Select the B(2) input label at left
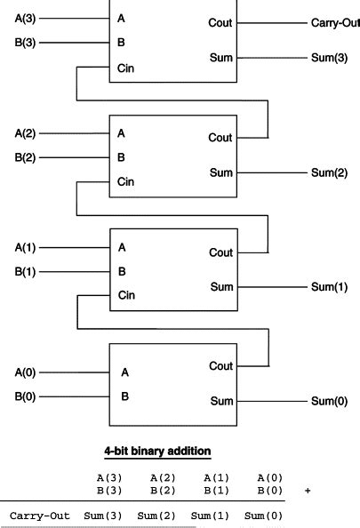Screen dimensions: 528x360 click(25, 157)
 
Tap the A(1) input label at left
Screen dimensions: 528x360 click(25, 247)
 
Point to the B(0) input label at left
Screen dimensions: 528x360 click(25, 396)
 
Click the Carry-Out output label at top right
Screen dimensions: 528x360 click(335, 22)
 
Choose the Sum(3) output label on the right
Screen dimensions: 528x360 click(328, 59)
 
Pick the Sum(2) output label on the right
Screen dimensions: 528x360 click(328, 172)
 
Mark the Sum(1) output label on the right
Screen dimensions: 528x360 click(328, 287)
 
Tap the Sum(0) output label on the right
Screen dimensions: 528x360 click(328, 401)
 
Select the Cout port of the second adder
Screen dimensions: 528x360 click(220, 138)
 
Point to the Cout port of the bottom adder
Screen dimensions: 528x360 click(220, 366)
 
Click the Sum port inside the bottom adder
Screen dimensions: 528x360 click(220, 401)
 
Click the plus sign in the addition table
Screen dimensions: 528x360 click(308, 489)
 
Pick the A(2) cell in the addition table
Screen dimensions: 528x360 click(163, 477)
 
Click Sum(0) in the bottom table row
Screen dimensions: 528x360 click(263, 515)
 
